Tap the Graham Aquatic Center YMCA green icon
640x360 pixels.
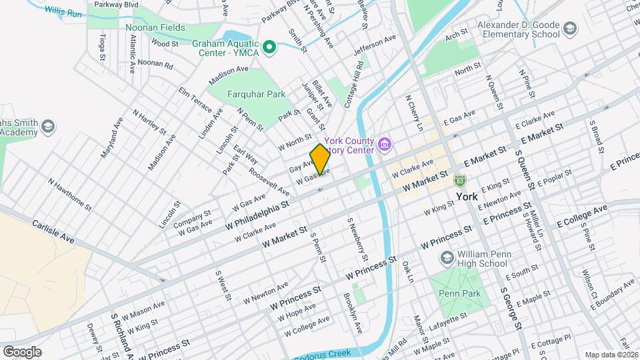(x=269, y=47)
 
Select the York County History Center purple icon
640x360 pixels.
(x=384, y=143)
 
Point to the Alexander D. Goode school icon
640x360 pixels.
(x=569, y=29)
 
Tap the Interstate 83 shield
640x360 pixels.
(x=459, y=180)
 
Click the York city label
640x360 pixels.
(x=469, y=197)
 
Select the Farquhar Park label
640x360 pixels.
(x=256, y=95)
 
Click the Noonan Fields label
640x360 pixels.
(x=155, y=29)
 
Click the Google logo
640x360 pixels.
(x=22, y=351)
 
